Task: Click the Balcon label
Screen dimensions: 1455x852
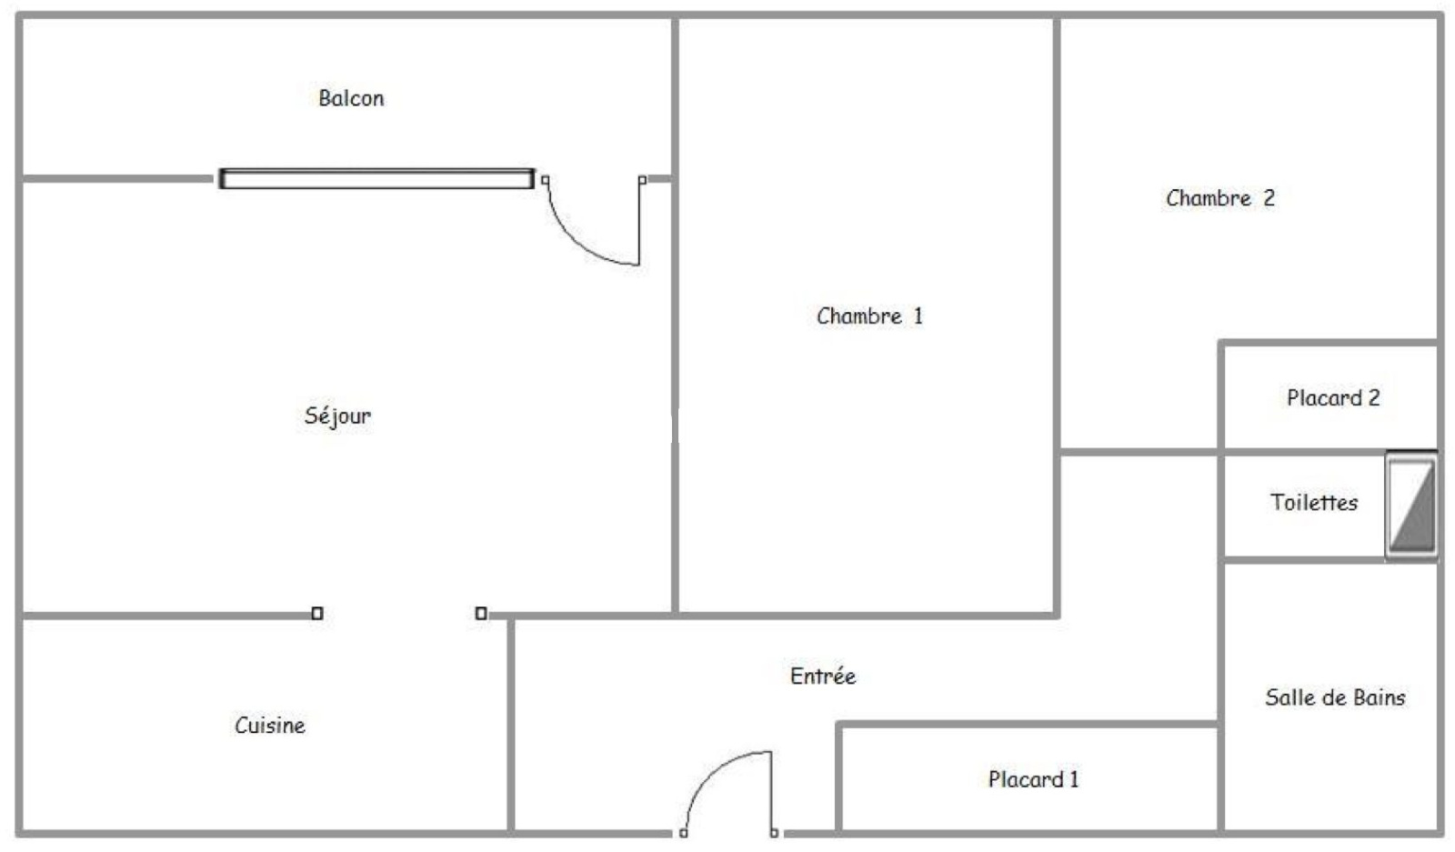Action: click(x=351, y=98)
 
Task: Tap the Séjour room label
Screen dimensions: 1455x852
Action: click(x=337, y=416)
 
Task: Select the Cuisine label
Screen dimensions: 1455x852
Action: click(x=269, y=725)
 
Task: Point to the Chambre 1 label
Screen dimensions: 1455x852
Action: click(x=869, y=316)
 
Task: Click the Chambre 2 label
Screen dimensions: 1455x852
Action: click(x=1219, y=198)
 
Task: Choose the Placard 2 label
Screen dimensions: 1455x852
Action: click(x=1333, y=397)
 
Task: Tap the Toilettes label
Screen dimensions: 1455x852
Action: click(x=1314, y=502)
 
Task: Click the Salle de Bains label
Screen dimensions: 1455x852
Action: click(x=1335, y=697)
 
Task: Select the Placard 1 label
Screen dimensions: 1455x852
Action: click(x=1033, y=778)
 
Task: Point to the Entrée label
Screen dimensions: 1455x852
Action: click(x=823, y=676)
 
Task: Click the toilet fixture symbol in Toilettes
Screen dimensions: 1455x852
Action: click(x=1410, y=506)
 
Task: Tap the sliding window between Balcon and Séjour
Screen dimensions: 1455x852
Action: click(x=376, y=178)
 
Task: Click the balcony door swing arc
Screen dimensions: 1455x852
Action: click(x=581, y=244)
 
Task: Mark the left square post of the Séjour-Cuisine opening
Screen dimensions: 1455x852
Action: click(x=317, y=613)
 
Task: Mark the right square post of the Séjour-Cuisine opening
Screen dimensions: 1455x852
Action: click(x=481, y=613)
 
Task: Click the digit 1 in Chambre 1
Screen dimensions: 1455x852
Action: click(x=918, y=316)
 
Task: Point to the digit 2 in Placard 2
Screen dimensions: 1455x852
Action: click(x=1374, y=397)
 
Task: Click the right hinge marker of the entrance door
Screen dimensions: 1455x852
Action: click(x=774, y=833)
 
